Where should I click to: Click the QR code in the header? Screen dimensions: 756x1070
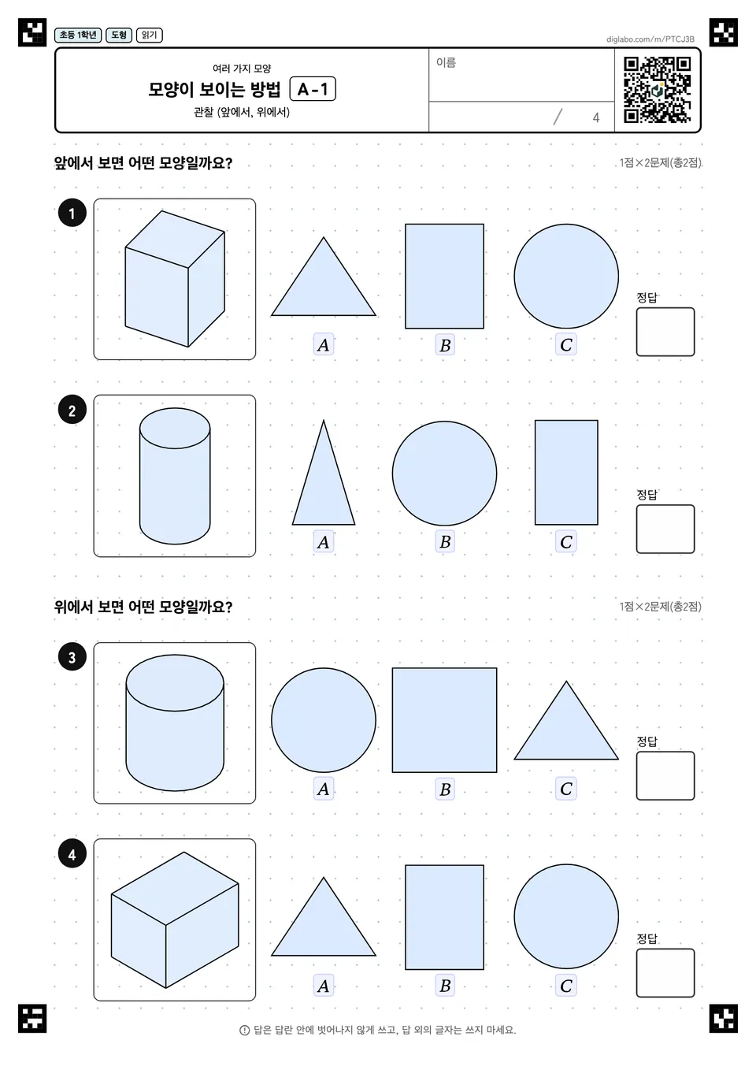pyautogui.click(x=657, y=90)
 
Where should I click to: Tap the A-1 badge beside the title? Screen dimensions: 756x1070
pyautogui.click(x=313, y=89)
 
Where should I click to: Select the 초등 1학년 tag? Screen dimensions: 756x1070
pyautogui.click(x=78, y=35)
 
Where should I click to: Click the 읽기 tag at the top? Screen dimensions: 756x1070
pyautogui.click(x=150, y=35)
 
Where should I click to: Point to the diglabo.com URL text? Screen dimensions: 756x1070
pyautogui.click(x=650, y=39)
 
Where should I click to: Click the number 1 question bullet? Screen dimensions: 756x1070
pyautogui.click(x=72, y=213)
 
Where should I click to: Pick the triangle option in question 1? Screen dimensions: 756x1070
pyautogui.click(x=324, y=277)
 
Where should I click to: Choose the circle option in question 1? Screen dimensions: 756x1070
pyautogui.click(x=566, y=276)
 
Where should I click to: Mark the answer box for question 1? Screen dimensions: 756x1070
pyautogui.click(x=665, y=332)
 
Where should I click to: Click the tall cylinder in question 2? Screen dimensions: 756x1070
pyautogui.click(x=175, y=476)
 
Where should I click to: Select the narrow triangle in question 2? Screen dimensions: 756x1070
pyautogui.click(x=324, y=473)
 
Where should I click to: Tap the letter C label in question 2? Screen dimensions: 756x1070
pyautogui.click(x=566, y=541)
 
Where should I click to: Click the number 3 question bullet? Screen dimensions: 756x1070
pyautogui.click(x=72, y=657)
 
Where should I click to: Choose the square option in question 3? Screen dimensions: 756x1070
pyautogui.click(x=444, y=720)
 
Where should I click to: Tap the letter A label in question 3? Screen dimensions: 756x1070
pyautogui.click(x=323, y=789)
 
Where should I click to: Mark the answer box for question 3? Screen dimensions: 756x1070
pyautogui.click(x=665, y=776)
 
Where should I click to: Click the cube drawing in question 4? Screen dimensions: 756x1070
pyautogui.click(x=175, y=920)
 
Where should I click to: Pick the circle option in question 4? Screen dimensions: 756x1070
pyautogui.click(x=566, y=916)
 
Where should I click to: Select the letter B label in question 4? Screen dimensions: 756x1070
pyautogui.click(x=445, y=986)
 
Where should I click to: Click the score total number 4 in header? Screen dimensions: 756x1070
pyautogui.click(x=595, y=117)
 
